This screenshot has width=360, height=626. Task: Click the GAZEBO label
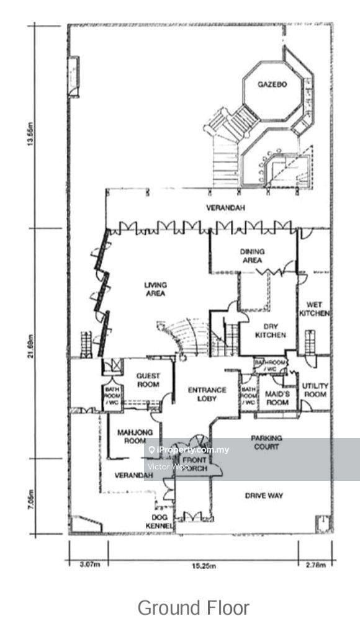[x=272, y=84]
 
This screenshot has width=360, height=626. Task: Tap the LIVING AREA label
[x=155, y=289]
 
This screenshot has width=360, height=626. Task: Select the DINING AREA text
[x=253, y=256]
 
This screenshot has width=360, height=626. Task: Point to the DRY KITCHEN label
[x=271, y=331]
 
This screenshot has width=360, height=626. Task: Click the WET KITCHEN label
[x=314, y=309]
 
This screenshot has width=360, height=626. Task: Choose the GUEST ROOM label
[x=148, y=380]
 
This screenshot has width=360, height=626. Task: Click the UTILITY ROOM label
[x=314, y=390]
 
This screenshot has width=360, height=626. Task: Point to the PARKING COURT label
[x=266, y=442]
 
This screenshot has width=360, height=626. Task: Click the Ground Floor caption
[x=193, y=607]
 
